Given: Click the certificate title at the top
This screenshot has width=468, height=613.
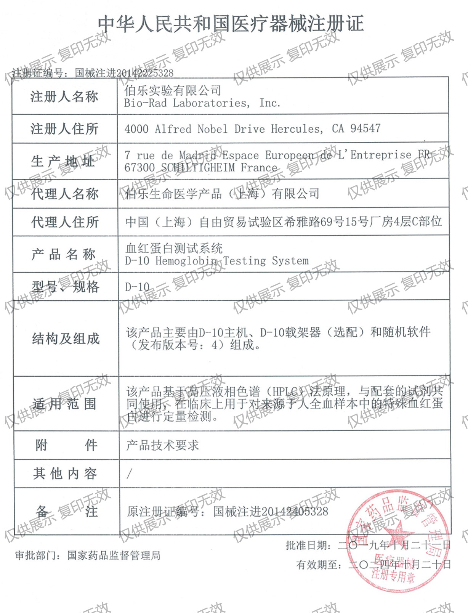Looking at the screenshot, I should click(x=231, y=24).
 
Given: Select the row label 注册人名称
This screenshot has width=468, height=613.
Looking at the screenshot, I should click(x=64, y=96).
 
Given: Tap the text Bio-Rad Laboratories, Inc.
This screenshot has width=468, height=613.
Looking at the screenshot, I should click(x=202, y=103).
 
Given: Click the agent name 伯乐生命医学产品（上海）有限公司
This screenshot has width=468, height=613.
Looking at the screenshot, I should click(x=222, y=194).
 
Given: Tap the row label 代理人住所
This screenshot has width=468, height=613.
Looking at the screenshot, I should click(x=65, y=222).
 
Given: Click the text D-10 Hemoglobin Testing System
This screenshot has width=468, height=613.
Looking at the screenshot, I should click(x=217, y=261).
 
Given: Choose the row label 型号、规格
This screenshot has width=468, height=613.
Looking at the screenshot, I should click(x=66, y=287).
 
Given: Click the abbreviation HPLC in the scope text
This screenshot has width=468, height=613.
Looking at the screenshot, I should click(x=286, y=392).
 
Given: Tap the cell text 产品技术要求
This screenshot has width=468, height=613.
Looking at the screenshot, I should click(x=163, y=445).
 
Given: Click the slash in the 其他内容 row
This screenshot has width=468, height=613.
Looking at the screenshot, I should click(x=130, y=474).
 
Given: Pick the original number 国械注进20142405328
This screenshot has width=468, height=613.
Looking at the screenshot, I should click(x=271, y=512).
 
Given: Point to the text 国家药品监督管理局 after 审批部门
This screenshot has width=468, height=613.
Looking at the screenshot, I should click(x=114, y=555).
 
